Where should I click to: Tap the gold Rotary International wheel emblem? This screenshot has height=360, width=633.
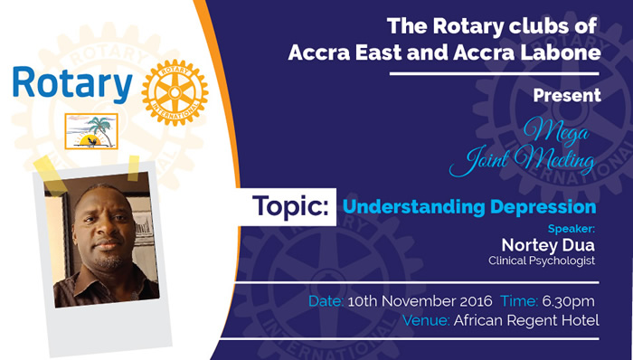point(175,92)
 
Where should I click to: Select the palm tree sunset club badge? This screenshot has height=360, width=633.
point(91,131)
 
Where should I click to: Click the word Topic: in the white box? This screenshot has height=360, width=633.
point(290,206)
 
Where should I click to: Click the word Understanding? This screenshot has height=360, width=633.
point(414,206)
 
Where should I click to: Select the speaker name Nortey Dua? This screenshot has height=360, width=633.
point(548,244)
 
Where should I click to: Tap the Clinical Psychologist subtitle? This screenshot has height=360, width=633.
point(542,261)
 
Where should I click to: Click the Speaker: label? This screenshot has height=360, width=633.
point(572,229)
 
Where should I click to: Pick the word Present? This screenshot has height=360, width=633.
point(567,95)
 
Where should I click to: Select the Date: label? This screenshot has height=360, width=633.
point(326,301)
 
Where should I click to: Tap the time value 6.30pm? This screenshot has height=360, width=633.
point(568,301)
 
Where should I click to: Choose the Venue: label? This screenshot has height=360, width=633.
point(426,320)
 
